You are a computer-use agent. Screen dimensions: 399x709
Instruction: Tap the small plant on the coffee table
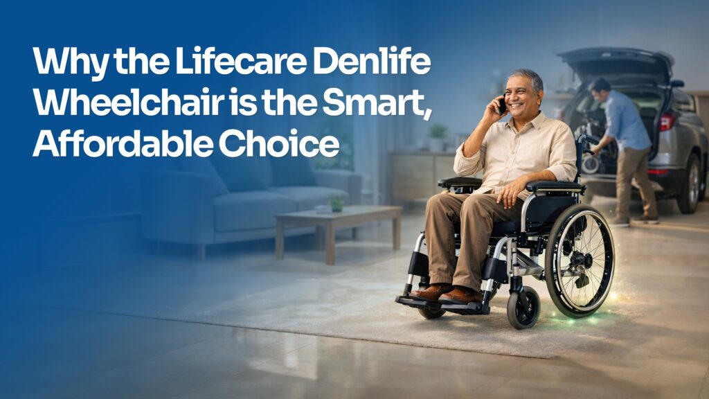click(336, 204)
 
